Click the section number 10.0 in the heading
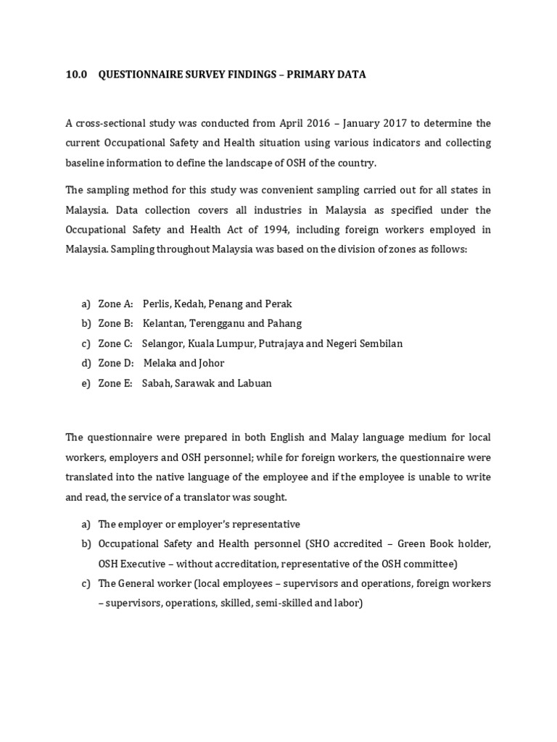coord(75,75)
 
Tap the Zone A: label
coord(115,304)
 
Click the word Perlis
coord(156,304)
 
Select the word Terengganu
coord(216,323)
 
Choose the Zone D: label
coord(116,363)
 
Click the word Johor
coord(211,363)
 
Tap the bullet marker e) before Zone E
coord(86,383)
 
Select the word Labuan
coord(254,383)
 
